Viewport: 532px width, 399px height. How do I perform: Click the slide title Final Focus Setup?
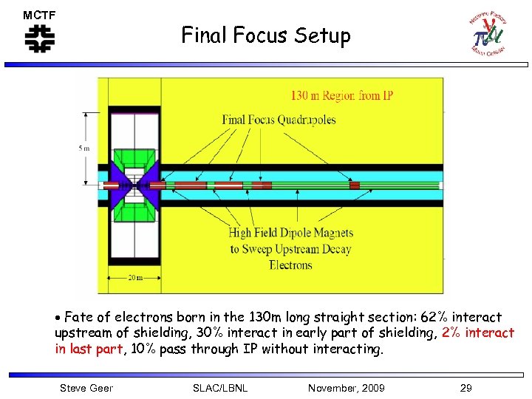266,35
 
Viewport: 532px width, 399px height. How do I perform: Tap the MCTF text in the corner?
39,15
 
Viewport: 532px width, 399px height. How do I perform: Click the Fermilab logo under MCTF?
39,39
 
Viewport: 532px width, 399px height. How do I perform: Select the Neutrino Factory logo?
488,34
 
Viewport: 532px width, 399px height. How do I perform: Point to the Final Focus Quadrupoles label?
279,120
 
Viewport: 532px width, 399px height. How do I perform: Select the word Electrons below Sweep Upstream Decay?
290,265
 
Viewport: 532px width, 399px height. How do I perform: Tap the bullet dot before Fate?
58,318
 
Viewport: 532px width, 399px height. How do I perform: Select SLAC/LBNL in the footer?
219,388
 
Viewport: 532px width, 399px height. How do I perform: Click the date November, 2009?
346,388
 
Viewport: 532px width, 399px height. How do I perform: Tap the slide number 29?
465,388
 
